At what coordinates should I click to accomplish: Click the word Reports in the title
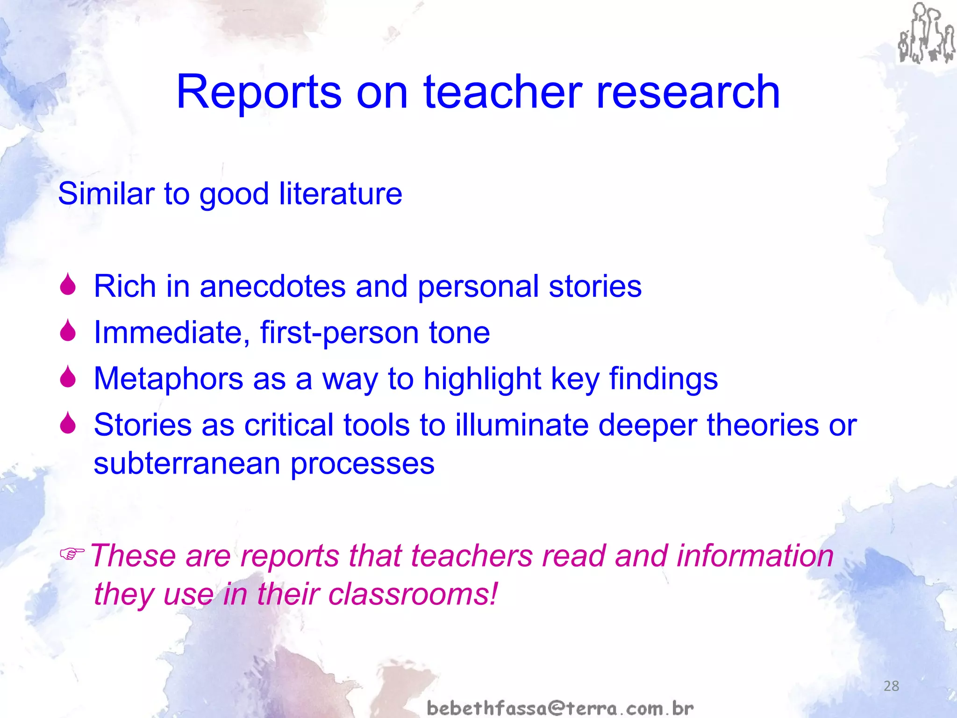coord(258,92)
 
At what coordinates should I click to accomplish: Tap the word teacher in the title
coord(503,92)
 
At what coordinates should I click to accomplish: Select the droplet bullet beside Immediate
coord(68,330)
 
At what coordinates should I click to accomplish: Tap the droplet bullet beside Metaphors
coord(68,376)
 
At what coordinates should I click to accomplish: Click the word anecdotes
coord(272,286)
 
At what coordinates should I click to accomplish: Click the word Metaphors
coord(168,378)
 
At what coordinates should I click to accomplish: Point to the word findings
coord(663,379)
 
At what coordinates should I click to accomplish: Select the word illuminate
coord(521,425)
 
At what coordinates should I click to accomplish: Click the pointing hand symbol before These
coord(72,554)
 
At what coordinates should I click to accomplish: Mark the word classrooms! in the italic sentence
coord(413,594)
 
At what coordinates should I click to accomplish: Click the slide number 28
coord(891,686)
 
